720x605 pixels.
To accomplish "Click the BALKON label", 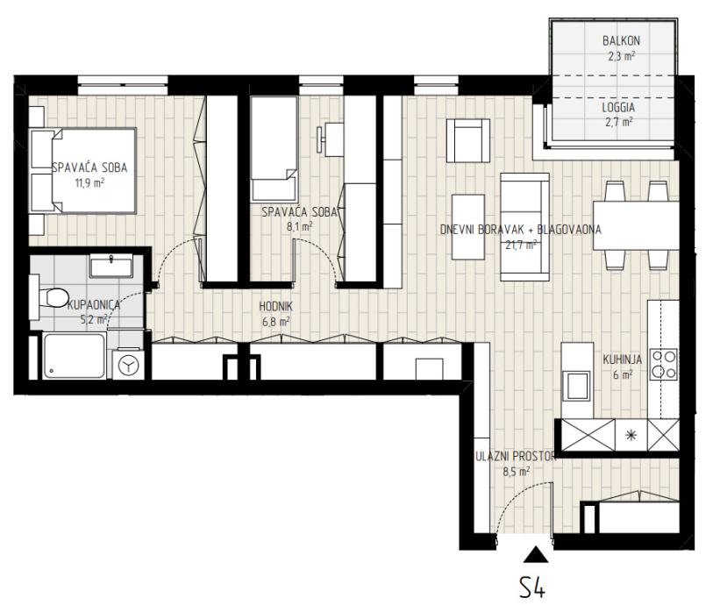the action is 621,40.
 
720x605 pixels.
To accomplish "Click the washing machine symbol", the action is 128,365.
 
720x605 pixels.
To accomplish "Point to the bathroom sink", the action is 111,266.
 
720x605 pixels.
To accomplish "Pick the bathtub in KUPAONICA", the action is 74,356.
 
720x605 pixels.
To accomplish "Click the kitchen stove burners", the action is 664,364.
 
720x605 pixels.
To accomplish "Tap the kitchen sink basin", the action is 577,386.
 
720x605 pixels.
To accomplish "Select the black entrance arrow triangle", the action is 536,554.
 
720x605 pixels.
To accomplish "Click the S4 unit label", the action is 532,587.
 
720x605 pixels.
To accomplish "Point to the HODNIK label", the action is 275,306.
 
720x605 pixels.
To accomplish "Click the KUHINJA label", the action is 622,359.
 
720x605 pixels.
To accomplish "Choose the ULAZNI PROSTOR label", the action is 516,456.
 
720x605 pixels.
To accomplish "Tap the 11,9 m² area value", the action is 89,183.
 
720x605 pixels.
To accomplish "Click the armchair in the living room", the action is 468,140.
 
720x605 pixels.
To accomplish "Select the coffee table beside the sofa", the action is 468,227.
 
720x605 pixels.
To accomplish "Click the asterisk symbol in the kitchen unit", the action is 631,435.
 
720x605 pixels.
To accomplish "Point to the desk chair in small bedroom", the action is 320,139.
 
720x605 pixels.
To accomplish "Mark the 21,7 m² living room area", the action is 521,245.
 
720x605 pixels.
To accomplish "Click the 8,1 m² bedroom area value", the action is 299,227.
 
